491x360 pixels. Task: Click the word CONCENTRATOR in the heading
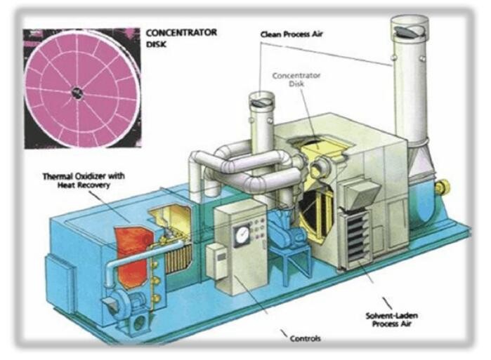point(181,32)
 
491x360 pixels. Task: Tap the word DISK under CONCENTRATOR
point(157,42)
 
